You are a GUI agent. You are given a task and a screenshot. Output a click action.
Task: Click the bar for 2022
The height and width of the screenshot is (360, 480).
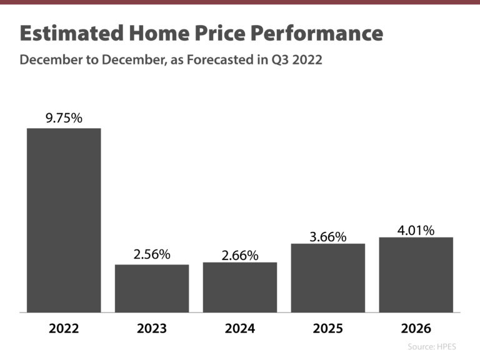[64, 220]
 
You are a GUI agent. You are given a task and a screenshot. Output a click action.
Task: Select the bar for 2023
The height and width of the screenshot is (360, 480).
[152, 288]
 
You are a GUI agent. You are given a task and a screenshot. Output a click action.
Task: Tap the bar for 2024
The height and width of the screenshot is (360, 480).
[240, 287]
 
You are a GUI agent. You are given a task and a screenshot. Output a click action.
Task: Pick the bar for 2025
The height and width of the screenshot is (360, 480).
[328, 277]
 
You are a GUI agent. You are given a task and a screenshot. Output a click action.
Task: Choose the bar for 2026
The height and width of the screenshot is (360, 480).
[416, 274]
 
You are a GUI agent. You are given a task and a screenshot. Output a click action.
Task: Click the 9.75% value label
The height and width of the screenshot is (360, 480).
[64, 117]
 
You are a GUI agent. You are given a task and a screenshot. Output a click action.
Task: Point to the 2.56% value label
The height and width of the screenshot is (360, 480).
[152, 254]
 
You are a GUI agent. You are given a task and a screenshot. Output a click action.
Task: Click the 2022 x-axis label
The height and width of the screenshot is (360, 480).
[64, 329]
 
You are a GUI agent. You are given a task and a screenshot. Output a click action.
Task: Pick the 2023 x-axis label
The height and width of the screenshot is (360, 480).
[152, 329]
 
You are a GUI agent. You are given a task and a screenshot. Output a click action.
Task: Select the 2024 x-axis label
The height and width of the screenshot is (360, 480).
[240, 329]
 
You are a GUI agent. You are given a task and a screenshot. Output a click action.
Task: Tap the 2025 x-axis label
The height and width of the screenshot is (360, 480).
[328, 329]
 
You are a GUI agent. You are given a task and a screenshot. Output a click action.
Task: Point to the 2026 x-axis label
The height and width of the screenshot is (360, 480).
[416, 329]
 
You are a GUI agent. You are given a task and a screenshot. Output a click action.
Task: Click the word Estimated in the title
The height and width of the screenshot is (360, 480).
[69, 33]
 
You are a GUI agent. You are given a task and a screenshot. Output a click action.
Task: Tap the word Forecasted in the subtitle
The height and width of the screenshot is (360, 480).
[217, 61]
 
